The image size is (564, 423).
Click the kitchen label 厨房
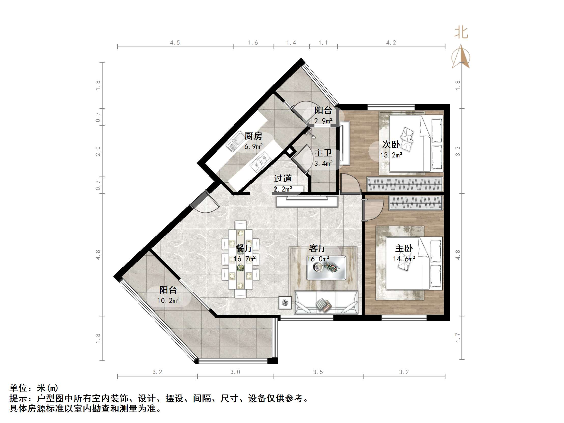point(253,136)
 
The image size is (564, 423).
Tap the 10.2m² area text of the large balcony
point(168,301)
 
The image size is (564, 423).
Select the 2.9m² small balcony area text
point(323,121)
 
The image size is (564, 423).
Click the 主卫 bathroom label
point(323,153)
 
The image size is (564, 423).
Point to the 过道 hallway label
point(283,179)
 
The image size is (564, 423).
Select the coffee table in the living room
point(326,268)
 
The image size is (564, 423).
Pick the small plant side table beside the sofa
point(285,303)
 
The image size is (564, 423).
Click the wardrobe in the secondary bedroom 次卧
point(404,184)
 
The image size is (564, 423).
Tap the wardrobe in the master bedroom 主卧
point(416,203)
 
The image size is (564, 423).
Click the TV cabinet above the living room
point(307,201)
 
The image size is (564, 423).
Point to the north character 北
point(461,33)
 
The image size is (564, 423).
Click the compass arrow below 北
point(461,57)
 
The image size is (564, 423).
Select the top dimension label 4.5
point(175,42)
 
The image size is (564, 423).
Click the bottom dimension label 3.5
point(318,372)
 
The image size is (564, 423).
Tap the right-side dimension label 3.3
point(458,151)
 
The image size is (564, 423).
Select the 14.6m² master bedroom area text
point(404,259)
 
